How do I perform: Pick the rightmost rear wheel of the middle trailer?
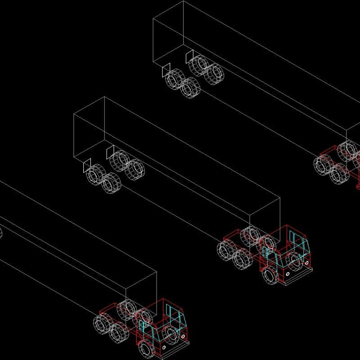click(x=135, y=169)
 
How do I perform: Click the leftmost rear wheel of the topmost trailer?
click(x=173, y=80)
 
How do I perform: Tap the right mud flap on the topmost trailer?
click(x=190, y=57)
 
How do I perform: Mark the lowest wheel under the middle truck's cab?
click(x=271, y=276)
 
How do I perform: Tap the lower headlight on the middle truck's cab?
click(x=288, y=273)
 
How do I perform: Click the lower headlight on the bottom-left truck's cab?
click(x=164, y=348)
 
